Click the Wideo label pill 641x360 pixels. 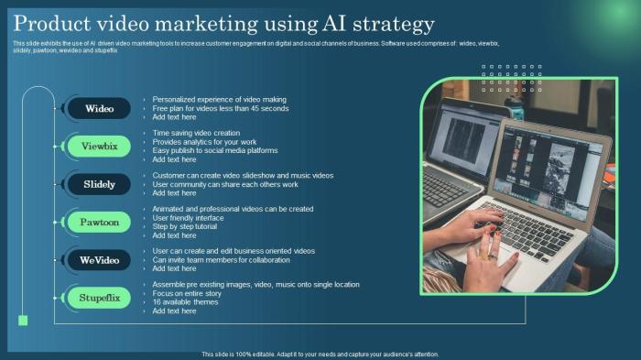tap(99, 108)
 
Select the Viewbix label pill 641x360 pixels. tap(99, 146)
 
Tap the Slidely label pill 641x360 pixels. tap(99, 184)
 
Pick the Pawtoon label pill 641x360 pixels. tap(99, 222)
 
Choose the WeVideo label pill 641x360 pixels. tap(99, 260)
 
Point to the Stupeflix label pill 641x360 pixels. tap(99, 298)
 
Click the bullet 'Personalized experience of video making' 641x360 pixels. tap(219, 99)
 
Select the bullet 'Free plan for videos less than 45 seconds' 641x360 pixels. tap(220, 108)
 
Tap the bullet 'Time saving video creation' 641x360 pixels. tap(196, 133)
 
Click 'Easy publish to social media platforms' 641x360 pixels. tap(214, 150)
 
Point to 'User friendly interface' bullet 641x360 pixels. tap(188, 218)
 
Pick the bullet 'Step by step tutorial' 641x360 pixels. tap(186, 226)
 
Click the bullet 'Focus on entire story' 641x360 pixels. tap(188, 293)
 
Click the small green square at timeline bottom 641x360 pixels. tap(23, 321)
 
